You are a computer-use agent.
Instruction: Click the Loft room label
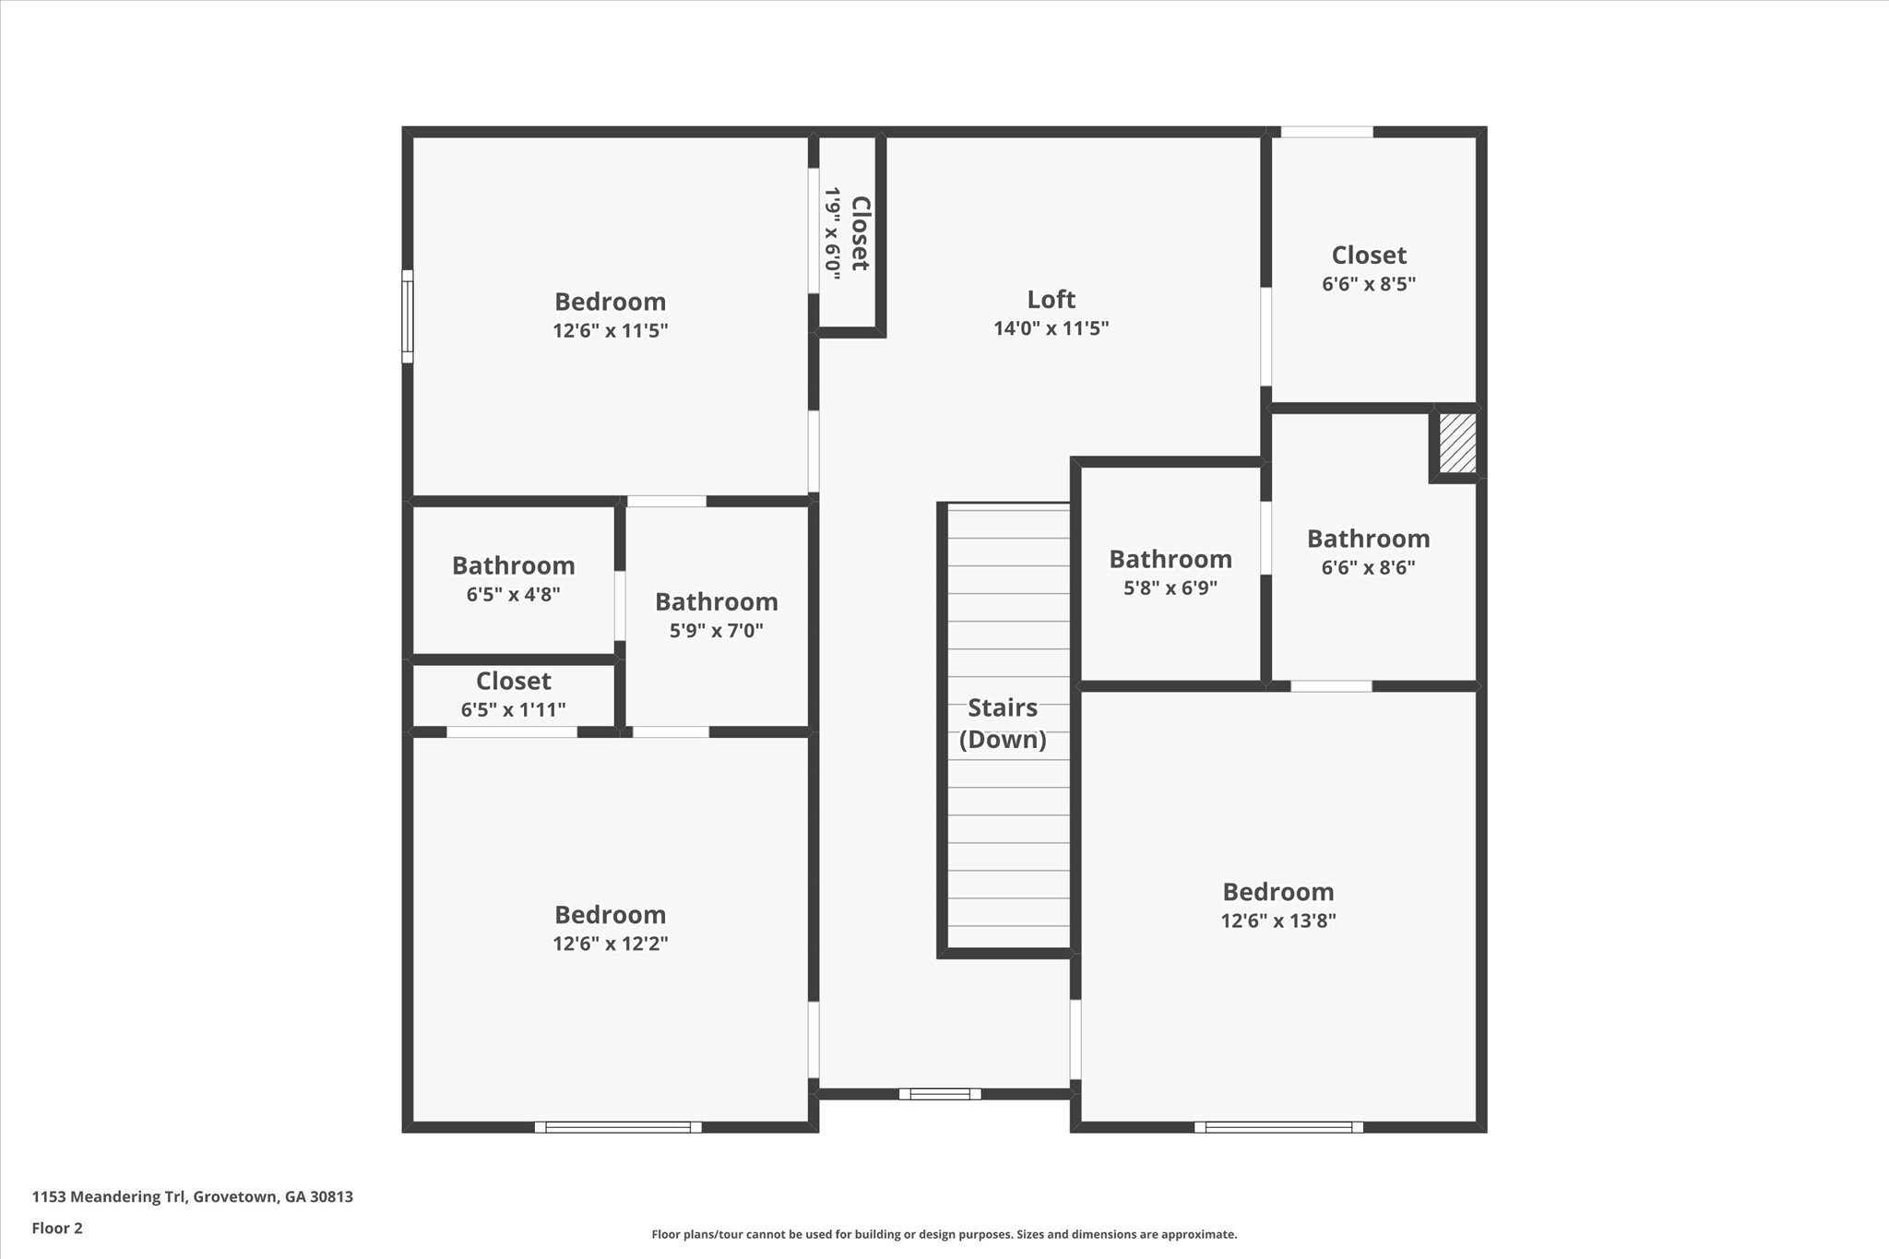pyautogui.click(x=1051, y=299)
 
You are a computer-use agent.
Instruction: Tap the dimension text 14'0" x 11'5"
pyautogui.click(x=1051, y=328)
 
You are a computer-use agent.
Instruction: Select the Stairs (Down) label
pyautogui.click(x=1003, y=723)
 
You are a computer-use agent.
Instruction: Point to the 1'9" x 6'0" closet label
pyautogui.click(x=847, y=234)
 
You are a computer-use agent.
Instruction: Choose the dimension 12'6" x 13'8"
pyautogui.click(x=1278, y=920)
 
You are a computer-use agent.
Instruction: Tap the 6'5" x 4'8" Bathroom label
pyautogui.click(x=513, y=565)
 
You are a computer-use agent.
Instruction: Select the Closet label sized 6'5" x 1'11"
pyautogui.click(x=513, y=681)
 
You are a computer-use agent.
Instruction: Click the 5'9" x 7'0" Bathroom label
pyautogui.click(x=716, y=601)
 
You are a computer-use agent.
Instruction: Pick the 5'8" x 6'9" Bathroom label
pyautogui.click(x=1170, y=559)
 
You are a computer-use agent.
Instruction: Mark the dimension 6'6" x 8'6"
pyautogui.click(x=1368, y=567)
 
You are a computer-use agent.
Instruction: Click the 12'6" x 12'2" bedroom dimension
pyautogui.click(x=610, y=944)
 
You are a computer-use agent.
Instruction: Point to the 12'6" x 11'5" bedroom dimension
pyautogui.click(x=610, y=330)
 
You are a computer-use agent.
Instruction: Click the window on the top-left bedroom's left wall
pyautogui.click(x=407, y=316)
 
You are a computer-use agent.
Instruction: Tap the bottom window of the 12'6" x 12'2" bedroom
pyautogui.click(x=617, y=1127)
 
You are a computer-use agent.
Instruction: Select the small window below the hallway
pyautogui.click(x=940, y=1094)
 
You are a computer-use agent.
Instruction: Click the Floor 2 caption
pyautogui.click(x=57, y=1228)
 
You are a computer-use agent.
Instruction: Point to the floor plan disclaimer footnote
pyautogui.click(x=944, y=1234)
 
